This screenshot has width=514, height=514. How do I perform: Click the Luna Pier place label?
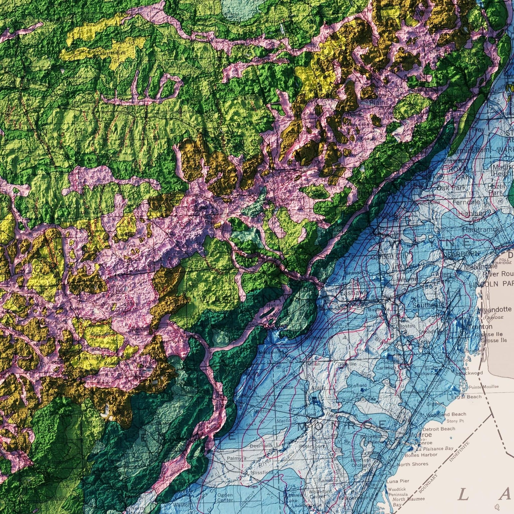tap(397, 481)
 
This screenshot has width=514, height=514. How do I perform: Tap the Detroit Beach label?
tap(439, 429)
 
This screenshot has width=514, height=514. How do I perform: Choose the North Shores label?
tap(412, 464)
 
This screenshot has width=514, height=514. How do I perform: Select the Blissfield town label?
tap(263, 473)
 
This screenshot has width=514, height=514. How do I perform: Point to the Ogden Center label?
tap(225, 498)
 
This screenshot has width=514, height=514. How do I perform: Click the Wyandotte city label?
tap(495, 310)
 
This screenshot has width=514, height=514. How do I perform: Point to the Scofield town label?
tap(357, 385)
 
